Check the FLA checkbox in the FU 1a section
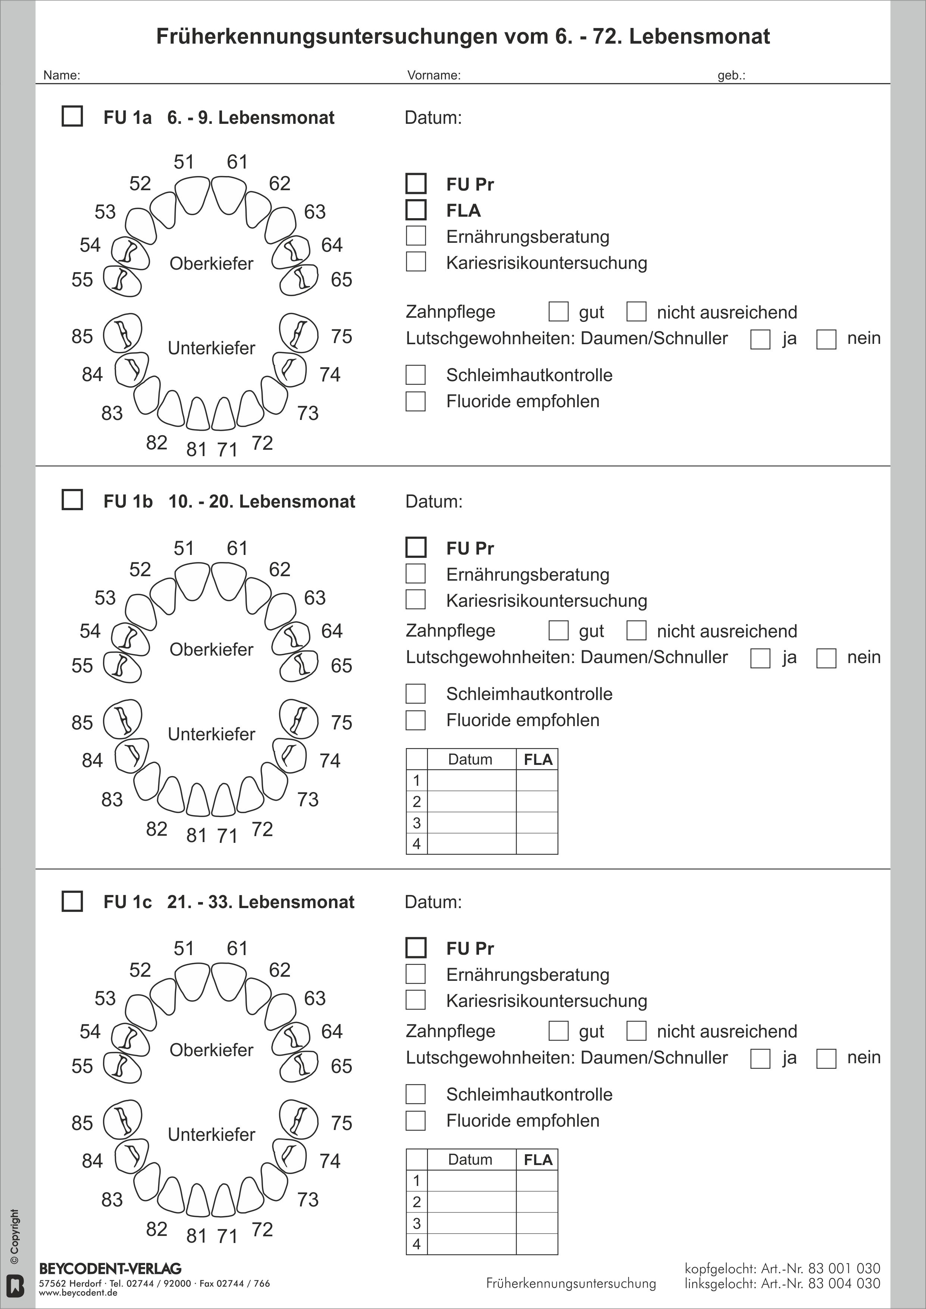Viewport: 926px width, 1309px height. pos(416,210)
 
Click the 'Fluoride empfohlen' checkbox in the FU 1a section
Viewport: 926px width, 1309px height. pos(416,401)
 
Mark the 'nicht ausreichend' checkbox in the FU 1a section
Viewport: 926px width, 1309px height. pos(636,312)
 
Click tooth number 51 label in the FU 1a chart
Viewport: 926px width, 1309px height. pos(184,162)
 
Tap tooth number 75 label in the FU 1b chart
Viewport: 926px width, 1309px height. pos(341,722)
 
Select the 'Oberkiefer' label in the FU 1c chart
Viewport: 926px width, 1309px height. pos(212,1049)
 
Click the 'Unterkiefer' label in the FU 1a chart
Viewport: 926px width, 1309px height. pos(212,348)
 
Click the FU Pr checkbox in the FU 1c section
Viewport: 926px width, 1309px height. pos(416,948)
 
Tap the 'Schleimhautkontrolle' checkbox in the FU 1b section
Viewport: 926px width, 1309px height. pos(416,694)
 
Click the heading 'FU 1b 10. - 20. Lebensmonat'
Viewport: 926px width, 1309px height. pos(229,501)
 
